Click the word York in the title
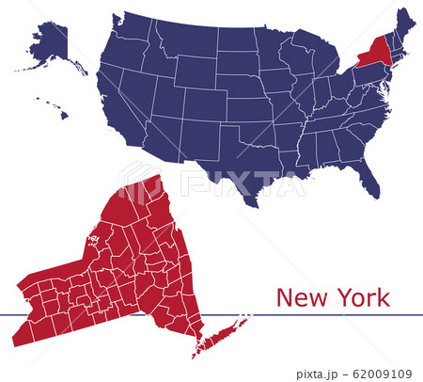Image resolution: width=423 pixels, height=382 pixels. [359, 299]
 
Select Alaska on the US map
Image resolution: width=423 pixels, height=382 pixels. [52, 47]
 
